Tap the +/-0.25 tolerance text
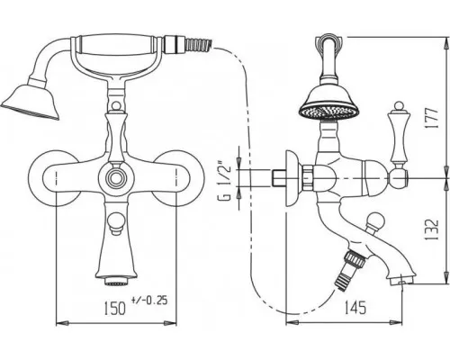(149, 301)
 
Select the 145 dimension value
(355, 307)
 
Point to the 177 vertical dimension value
(432, 118)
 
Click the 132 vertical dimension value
(432, 229)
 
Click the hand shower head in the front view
(31, 101)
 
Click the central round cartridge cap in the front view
(115, 178)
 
